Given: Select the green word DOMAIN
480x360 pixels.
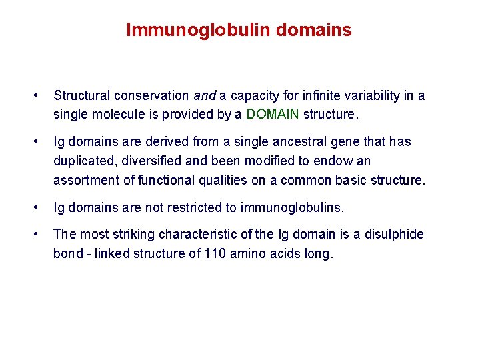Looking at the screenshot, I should pyautogui.click(x=273, y=114).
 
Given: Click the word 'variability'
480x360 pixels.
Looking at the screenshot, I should pyautogui.click(x=367, y=95).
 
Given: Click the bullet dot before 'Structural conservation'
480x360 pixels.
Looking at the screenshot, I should pyautogui.click(x=42, y=95).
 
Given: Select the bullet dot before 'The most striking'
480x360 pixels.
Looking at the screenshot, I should pyautogui.click(x=42, y=234).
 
